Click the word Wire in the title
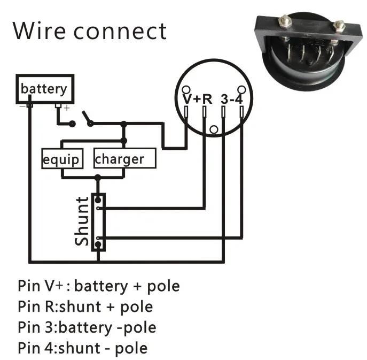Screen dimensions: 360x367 coord(40,30)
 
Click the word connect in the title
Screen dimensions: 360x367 coord(121,32)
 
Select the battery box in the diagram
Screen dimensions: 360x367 coord(44,88)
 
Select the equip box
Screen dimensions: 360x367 coord(61,159)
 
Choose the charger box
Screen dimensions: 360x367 coord(124,159)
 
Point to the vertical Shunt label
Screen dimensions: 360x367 coord(83,221)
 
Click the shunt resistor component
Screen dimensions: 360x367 coord(99,222)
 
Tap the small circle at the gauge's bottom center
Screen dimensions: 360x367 coord(214,129)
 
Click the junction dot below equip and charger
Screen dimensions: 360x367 coord(97,177)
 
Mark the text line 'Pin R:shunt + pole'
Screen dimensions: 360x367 coord(85,307)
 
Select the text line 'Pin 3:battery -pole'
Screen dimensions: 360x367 coord(87,327)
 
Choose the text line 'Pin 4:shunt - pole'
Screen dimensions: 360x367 coord(82,348)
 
